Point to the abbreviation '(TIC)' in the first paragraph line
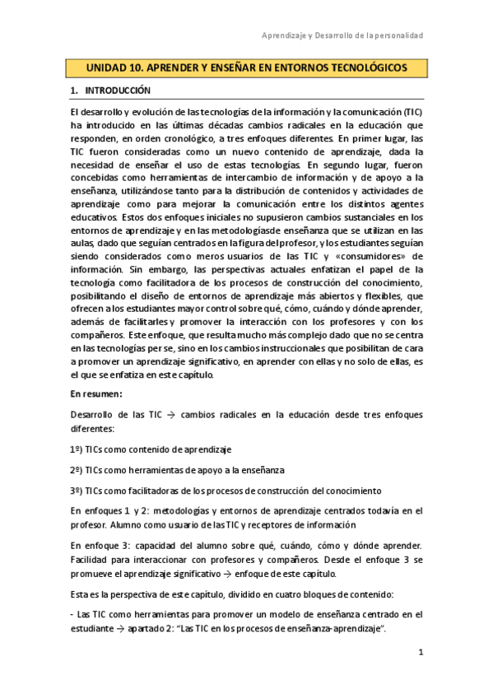[x=411, y=110]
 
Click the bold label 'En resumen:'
[x=95, y=394]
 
